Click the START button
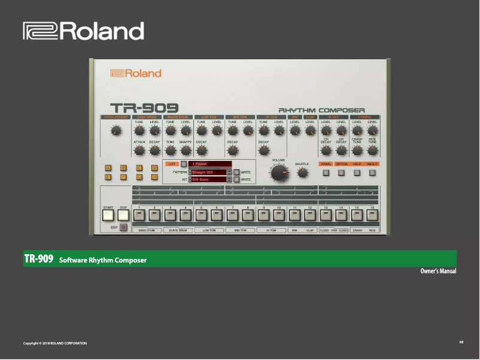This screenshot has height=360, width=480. point(108,215)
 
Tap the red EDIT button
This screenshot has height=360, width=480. point(123,227)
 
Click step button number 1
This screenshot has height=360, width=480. point(139,215)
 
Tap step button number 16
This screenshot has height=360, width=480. point(372,215)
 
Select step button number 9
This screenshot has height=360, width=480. point(263,215)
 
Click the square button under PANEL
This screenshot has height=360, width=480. point(326,173)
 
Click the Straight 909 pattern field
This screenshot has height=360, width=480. point(208,172)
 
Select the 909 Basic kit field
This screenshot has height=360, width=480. point(208,179)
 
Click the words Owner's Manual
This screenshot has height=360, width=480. point(438,271)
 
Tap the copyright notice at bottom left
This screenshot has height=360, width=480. point(55,343)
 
